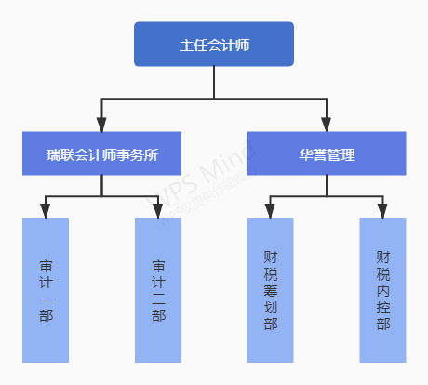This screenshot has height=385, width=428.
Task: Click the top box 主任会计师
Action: coord(214,45)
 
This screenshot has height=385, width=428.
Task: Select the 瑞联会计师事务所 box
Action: coord(101,154)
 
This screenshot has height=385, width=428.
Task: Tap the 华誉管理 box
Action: coord(327,154)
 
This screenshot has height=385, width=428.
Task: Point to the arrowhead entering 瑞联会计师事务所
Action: coord(101,125)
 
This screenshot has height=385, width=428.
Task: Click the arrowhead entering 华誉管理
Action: coord(327,125)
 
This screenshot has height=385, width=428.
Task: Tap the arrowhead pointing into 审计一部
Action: coord(46,211)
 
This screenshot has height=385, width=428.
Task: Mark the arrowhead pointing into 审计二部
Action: coord(158,211)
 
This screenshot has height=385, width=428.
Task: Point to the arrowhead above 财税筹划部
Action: coord(271,211)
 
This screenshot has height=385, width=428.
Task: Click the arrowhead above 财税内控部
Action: coord(383,211)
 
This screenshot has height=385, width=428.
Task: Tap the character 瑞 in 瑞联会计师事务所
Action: coord(53,155)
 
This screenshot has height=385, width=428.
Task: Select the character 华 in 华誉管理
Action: coord(306,155)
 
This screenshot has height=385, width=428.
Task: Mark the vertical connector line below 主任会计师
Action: coord(214,81)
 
